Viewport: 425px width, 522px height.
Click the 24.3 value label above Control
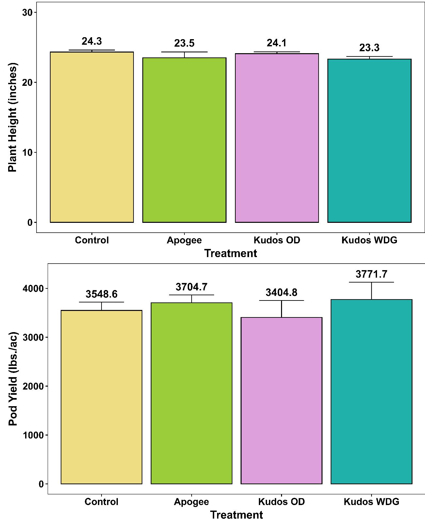(x=92, y=41)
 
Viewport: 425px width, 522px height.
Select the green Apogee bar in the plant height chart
(x=184, y=140)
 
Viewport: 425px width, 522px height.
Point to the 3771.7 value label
(x=371, y=274)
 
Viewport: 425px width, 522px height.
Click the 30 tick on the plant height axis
(x=27, y=12)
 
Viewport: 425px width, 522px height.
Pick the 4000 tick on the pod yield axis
(x=33, y=289)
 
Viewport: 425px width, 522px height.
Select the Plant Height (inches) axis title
(x=12, y=117)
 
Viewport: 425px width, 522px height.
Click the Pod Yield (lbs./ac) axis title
(x=13, y=379)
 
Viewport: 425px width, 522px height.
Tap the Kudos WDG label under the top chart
(x=369, y=240)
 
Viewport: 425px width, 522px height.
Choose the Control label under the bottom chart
(x=101, y=501)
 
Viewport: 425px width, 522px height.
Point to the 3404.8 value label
(x=281, y=293)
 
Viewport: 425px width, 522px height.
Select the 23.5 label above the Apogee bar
(x=184, y=43)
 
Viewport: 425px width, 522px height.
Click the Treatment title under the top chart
(x=230, y=253)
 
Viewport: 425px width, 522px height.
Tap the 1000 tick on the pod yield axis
(x=33, y=435)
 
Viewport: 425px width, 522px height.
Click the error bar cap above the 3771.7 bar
(x=371, y=282)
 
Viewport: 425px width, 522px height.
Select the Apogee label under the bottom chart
(x=191, y=501)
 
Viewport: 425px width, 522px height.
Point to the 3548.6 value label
(x=102, y=294)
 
